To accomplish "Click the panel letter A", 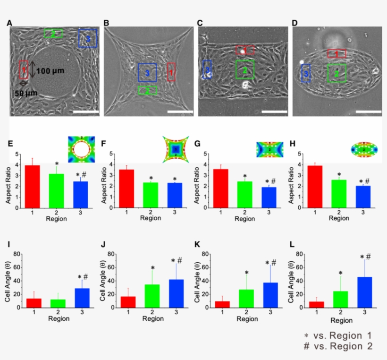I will point(9,23).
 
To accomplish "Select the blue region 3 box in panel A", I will point(88,38).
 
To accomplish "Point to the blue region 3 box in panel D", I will point(306,73).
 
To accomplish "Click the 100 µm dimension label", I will point(50,70).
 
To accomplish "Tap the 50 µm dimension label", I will point(25,93).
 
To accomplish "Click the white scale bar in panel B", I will point(180,112).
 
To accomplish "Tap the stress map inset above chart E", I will point(81,147).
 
